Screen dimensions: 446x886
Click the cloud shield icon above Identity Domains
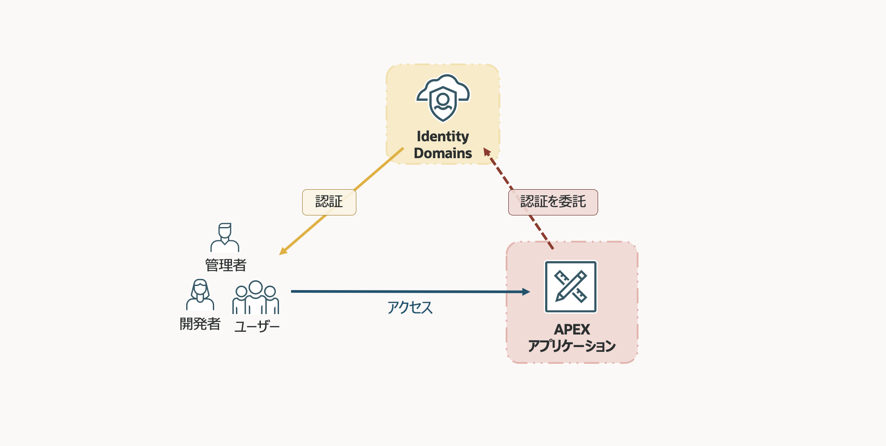coord(443,98)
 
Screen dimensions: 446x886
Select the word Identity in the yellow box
coord(443,136)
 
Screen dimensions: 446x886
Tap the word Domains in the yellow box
coord(443,153)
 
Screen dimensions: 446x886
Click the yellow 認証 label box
coord(329,202)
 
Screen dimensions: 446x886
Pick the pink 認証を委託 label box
coord(553,202)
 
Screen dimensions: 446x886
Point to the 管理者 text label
coord(225,265)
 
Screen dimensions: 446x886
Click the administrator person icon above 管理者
coord(225,238)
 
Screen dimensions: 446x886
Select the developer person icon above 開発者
coord(200,295)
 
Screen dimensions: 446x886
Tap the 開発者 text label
coord(200,324)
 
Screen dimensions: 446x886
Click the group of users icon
coord(255,298)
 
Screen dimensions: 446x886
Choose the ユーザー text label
coord(257,327)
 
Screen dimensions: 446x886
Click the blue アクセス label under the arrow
coord(410,307)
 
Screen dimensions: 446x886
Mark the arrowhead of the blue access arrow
coord(526,292)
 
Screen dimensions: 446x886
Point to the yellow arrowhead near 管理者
coord(283,251)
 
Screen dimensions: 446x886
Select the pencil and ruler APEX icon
coord(571,287)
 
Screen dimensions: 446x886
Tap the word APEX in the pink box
coord(572,330)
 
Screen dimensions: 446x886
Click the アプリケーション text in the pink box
coord(572,346)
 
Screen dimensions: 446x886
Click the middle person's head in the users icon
coord(255,287)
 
